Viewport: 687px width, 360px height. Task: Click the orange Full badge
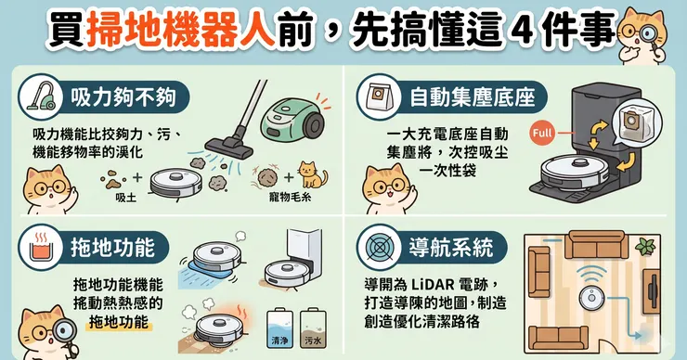tap(542, 133)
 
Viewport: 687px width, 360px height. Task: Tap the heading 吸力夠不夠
tap(123, 97)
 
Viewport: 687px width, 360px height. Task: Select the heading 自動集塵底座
tap(473, 97)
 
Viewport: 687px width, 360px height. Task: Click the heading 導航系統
tap(451, 248)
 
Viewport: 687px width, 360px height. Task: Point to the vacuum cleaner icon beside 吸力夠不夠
tap(40, 96)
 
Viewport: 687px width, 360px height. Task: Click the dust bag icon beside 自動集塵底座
tap(378, 96)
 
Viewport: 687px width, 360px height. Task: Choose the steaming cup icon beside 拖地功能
tap(40, 247)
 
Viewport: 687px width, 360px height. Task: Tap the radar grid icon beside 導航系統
tap(378, 248)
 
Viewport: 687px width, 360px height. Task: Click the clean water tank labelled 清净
tap(279, 328)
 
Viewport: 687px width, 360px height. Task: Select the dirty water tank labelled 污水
tap(313, 328)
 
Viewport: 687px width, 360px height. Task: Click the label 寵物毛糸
tap(290, 197)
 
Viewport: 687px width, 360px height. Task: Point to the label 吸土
tap(125, 198)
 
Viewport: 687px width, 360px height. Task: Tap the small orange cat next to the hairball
tap(312, 174)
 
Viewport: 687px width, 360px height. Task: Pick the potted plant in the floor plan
tap(645, 246)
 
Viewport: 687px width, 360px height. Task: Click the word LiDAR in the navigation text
tap(427, 285)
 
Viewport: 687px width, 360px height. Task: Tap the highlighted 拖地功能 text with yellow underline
tap(119, 322)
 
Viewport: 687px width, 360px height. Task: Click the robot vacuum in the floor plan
tap(592, 298)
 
